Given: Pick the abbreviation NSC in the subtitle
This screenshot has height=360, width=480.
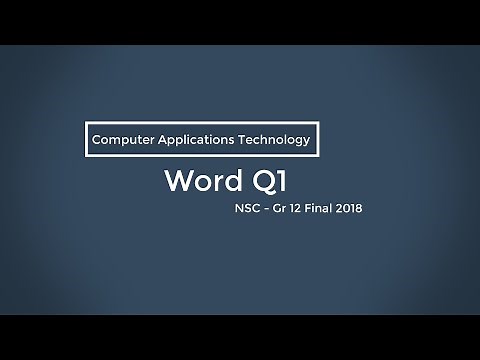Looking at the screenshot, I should pos(244,211).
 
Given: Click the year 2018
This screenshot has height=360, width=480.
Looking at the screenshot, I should pos(351,211).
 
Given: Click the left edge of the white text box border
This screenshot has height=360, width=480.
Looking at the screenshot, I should pos(84,140).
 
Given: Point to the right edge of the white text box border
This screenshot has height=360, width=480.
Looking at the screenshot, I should pos(318,140).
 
